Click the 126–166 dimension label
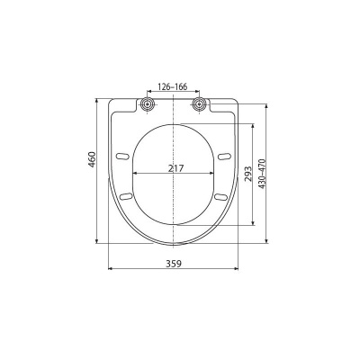[172, 87]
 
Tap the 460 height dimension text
[92, 159]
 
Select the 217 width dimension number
[175, 168]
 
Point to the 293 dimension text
[248, 174]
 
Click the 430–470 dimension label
[262, 174]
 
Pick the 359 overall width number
[174, 264]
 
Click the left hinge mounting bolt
[148, 104]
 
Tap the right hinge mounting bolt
[199, 103]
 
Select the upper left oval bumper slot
[122, 157]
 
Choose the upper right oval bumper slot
[224, 157]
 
